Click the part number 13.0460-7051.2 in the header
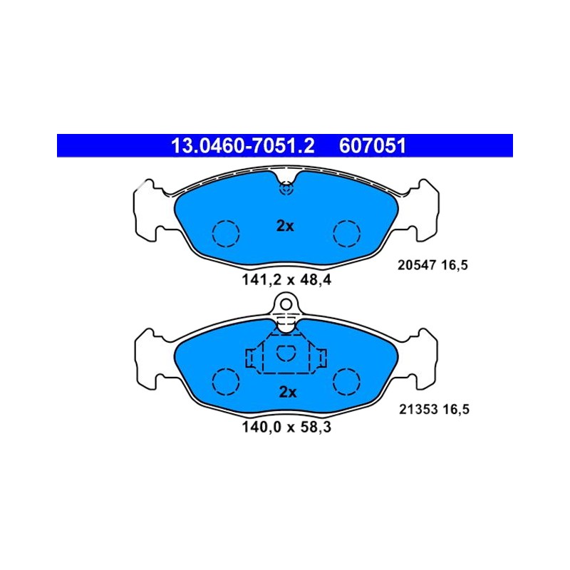242,146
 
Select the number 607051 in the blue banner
372,146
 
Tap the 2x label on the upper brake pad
285,226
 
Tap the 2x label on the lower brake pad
288,393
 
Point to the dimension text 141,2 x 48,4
286,280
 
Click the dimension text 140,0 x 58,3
286,427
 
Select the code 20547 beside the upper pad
417,265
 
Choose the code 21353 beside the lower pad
418,409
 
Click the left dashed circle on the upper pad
226,221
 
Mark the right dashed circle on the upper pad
347,221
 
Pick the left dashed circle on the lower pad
226,368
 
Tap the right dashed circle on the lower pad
347,368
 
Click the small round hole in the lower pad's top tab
286,299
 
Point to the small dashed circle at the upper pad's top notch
286,183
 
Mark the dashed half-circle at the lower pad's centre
286,361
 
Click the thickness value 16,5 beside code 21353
456,410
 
